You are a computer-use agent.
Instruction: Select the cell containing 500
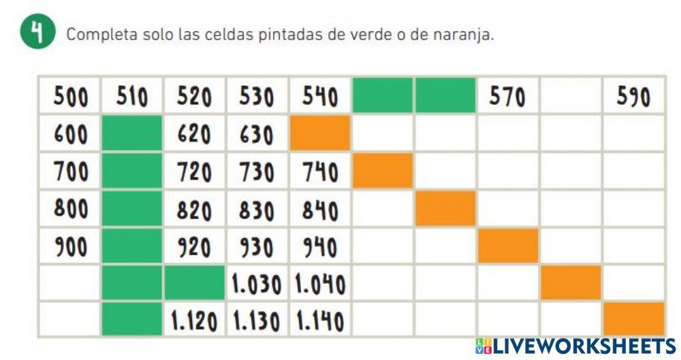(x=70, y=97)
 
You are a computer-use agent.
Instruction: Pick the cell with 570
(x=507, y=97)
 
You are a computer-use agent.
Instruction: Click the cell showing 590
(x=633, y=97)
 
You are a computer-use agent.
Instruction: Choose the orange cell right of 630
(x=319, y=133)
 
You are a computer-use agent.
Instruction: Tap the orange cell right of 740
(x=382, y=171)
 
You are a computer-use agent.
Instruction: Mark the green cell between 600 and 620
(x=132, y=133)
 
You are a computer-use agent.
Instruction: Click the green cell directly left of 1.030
(x=194, y=283)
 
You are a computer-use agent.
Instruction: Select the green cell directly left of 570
(x=445, y=96)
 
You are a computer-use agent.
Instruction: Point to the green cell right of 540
(x=382, y=96)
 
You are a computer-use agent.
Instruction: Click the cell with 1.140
(x=319, y=320)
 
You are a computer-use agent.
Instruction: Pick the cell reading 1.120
(x=194, y=320)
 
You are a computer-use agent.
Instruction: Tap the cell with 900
(x=70, y=246)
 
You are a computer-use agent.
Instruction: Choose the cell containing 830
(x=257, y=208)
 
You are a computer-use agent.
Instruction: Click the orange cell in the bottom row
(x=633, y=318)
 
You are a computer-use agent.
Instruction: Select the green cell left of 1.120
(x=132, y=320)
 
